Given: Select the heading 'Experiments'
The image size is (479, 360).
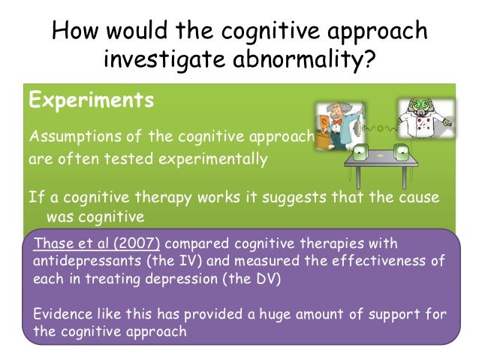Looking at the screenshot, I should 91,100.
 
